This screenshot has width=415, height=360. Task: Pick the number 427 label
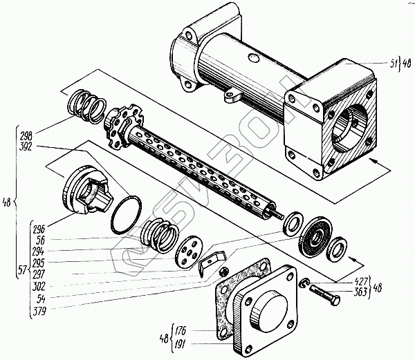tap(360, 282)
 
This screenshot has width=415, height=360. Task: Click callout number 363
tap(360, 292)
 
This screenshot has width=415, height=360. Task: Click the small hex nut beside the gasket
tap(223, 272)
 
